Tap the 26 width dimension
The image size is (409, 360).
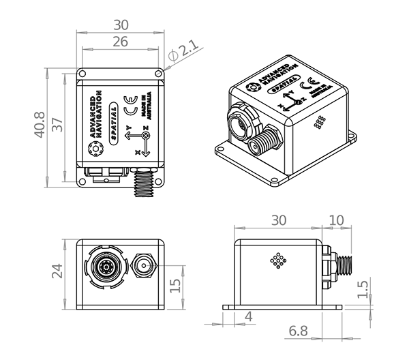pyautogui.click(x=120, y=42)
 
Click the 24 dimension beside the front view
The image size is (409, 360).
pyautogui.click(x=57, y=271)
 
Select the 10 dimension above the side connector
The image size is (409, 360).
pyautogui.click(x=337, y=221)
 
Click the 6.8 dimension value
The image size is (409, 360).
pyautogui.click(x=298, y=331)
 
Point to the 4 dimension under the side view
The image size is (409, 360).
pyautogui.click(x=248, y=316)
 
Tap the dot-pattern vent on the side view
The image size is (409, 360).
pyautogui.click(x=277, y=261)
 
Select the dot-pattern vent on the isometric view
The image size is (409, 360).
pyautogui.click(x=319, y=121)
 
